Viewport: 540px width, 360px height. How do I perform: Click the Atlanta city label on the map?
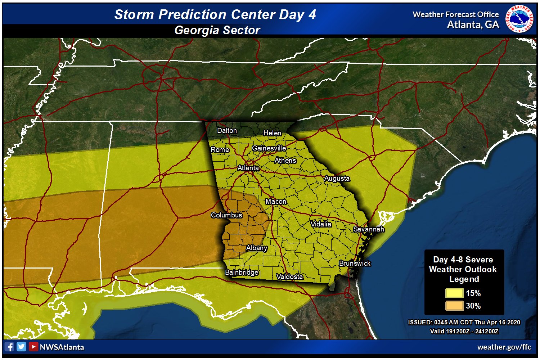[x=248, y=168]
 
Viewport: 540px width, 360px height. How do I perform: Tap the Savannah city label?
[x=368, y=229]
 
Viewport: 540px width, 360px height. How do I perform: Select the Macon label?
[x=276, y=202]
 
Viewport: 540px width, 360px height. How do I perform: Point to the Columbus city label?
[x=226, y=215]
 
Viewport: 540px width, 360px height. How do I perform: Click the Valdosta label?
[x=289, y=276]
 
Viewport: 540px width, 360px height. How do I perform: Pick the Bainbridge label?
[x=242, y=272]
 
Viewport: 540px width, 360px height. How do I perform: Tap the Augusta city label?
[x=337, y=179]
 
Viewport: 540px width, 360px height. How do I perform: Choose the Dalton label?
[x=227, y=131]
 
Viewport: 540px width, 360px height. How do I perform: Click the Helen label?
[x=272, y=133]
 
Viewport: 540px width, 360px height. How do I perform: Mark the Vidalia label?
[x=321, y=224]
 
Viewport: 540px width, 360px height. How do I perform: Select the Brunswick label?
[x=355, y=264]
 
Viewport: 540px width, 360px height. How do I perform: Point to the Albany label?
[x=256, y=248]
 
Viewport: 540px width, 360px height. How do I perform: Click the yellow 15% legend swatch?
[x=454, y=293]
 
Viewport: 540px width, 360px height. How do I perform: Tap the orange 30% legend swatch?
[x=454, y=306]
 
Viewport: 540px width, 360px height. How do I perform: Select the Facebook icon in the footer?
[x=10, y=347]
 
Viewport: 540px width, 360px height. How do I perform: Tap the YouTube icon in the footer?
[x=33, y=347]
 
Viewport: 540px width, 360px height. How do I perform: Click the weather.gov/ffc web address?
[x=504, y=347]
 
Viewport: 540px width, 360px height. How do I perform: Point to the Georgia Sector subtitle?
[x=217, y=30]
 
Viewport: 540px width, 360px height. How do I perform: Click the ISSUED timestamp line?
[x=464, y=322]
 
